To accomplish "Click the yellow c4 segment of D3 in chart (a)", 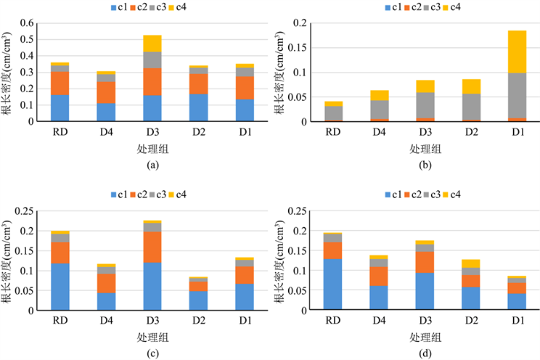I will pos(152,44).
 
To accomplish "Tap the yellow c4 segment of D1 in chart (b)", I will pos(517,52).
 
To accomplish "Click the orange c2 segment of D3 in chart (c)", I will pos(152,247).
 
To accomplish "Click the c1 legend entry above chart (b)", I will pos(390,8).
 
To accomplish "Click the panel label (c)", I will pos(152,353).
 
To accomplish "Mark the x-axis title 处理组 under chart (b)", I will pos(424,149).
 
